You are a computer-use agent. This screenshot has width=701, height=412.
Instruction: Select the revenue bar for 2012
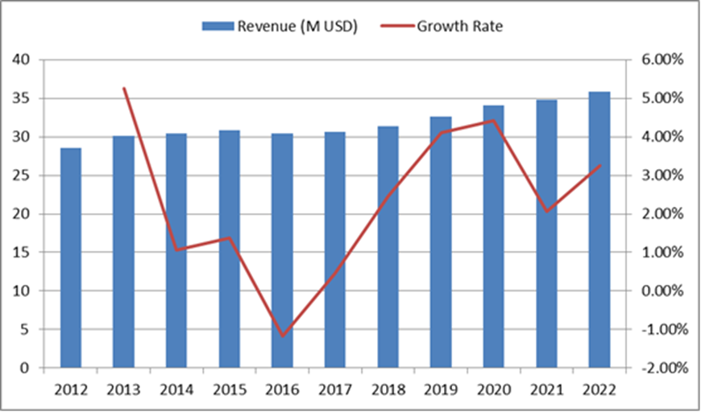tap(71, 257)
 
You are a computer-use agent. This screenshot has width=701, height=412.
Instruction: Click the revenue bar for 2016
tap(282, 250)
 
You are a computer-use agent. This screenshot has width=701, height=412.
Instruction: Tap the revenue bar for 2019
tap(441, 242)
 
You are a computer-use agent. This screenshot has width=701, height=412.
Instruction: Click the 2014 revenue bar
tap(176, 250)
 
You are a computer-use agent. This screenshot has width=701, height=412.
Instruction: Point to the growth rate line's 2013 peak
tap(123, 88)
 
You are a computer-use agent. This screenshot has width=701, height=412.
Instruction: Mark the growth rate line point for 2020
tap(493, 121)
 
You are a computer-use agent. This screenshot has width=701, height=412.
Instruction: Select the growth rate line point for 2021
tap(546, 211)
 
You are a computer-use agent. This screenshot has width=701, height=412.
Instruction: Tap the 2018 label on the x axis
tap(388, 390)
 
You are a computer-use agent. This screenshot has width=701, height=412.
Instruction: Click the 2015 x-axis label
tap(230, 390)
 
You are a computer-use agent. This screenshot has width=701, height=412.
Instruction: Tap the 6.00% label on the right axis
tap(661, 60)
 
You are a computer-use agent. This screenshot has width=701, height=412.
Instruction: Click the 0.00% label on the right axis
tap(661, 290)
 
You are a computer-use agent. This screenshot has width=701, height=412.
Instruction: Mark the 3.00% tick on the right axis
tap(661, 175)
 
